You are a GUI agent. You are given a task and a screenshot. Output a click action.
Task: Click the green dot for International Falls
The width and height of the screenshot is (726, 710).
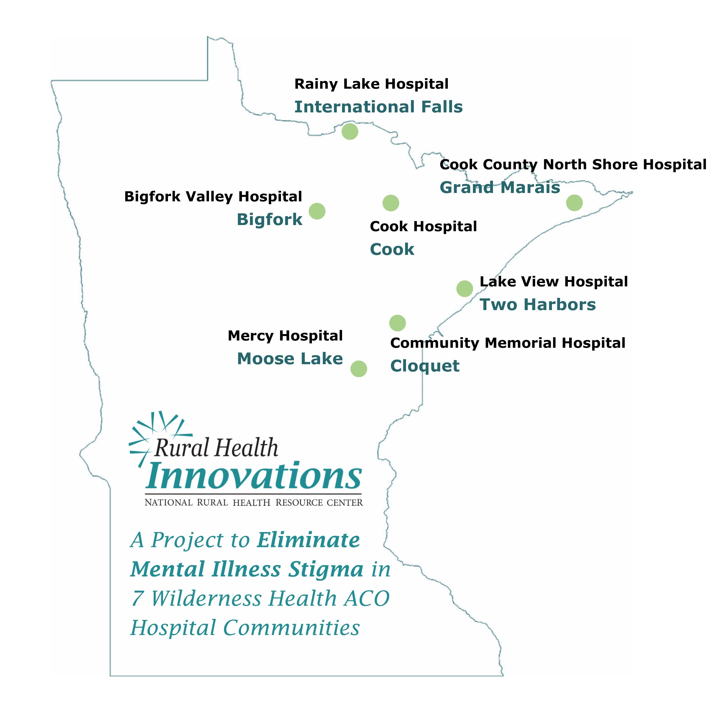click(350, 131)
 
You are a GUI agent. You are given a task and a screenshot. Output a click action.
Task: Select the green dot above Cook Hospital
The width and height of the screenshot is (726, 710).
click(391, 203)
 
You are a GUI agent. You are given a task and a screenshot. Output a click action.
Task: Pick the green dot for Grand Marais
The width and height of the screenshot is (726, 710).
click(574, 203)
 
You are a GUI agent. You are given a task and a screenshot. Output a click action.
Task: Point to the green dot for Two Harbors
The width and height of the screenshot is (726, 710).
click(465, 289)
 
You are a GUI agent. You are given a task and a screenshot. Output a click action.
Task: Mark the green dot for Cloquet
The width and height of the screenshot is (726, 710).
click(397, 323)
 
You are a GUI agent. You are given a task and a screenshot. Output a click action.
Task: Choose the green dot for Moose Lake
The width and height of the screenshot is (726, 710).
click(359, 369)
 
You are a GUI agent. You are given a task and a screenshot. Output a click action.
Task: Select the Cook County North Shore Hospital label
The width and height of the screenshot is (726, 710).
click(573, 165)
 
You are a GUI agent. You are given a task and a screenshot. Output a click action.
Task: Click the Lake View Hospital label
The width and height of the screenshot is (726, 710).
click(554, 282)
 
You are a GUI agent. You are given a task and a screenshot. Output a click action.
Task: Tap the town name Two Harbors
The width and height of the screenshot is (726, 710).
click(538, 305)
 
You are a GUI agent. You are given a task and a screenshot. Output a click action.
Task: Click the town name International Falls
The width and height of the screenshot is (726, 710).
click(378, 107)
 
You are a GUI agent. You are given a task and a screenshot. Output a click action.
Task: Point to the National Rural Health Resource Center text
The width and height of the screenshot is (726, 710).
click(254, 503)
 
